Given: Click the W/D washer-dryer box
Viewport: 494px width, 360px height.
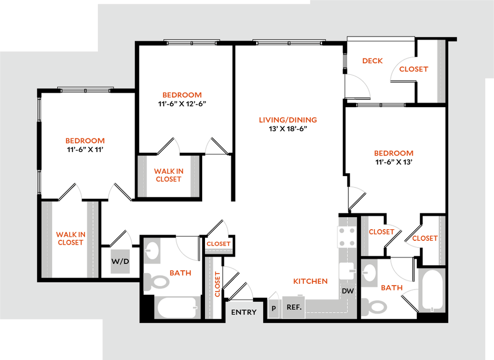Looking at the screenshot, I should (x=120, y=262).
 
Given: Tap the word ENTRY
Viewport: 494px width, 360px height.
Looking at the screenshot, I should (x=244, y=312).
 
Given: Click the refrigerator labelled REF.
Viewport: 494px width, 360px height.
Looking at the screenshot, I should (x=294, y=307).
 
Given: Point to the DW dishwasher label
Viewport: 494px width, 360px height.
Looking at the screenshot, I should (x=348, y=291).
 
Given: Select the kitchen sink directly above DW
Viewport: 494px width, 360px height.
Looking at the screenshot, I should (x=347, y=271).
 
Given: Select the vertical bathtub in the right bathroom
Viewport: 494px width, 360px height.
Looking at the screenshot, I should (x=432, y=290).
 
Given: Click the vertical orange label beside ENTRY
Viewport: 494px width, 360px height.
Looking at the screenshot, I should (x=218, y=284).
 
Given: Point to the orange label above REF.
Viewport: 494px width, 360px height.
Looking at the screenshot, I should (x=311, y=281).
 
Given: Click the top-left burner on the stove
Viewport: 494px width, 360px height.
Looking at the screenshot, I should (x=342, y=231).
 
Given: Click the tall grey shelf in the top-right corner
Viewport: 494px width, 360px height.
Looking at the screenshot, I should (x=441, y=71).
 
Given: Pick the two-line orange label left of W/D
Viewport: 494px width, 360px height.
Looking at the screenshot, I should (x=71, y=238).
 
